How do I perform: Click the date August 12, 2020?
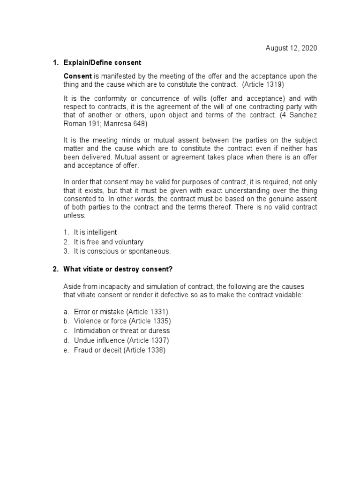coord(291,48)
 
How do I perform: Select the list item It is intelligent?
coord(95,232)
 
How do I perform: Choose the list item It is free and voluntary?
coord(108,242)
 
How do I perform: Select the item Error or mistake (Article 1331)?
coord(120,311)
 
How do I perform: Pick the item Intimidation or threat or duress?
coord(121,330)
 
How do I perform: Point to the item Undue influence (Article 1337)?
coord(121,340)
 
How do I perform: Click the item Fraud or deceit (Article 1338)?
coord(120,350)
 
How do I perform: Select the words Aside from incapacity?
coord(96,286)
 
